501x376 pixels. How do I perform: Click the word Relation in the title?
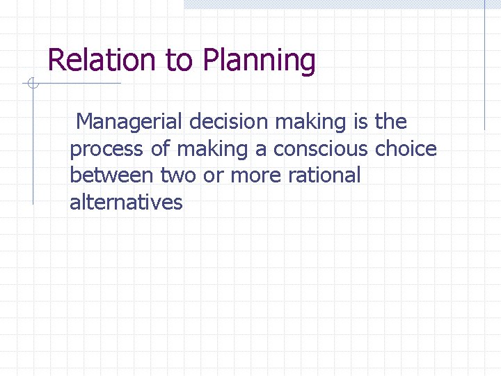pos(103,60)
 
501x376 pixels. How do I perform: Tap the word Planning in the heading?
pos(259,61)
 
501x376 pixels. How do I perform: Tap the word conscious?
pos(321,149)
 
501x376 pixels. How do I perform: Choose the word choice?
pos(406,149)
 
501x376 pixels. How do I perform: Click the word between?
pos(112,175)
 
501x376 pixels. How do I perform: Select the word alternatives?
pos(126,203)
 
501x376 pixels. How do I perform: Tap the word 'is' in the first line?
pos(360,122)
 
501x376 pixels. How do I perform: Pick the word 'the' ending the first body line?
pos(390,122)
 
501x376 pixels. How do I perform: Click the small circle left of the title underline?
pos(31,84)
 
